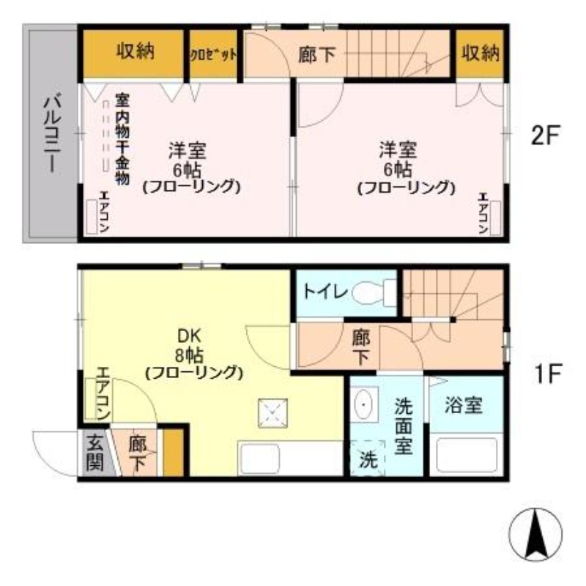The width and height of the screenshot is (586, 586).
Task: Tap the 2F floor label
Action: pyautogui.click(x=546, y=136)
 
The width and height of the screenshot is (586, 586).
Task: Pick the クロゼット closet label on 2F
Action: pyautogui.click(x=213, y=54)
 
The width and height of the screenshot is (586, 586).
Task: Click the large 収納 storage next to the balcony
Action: pyautogui.click(x=132, y=53)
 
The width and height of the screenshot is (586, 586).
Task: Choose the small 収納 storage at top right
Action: pyautogui.click(x=481, y=53)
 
